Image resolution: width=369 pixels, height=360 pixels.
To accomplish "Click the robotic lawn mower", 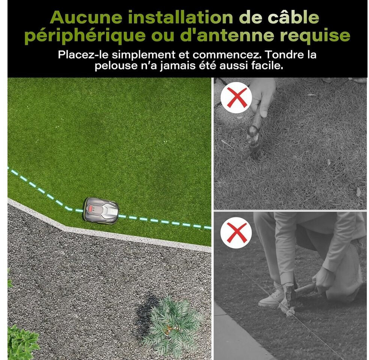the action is [101, 211].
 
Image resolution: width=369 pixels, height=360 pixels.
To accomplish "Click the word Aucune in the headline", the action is [86, 17].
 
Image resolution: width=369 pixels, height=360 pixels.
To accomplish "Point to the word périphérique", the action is [85, 36].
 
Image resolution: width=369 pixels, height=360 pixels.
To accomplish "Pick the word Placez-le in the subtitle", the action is [83, 55].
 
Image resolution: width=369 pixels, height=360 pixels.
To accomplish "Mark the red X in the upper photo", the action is [236, 97].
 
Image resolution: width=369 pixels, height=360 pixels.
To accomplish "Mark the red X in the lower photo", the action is [236, 232].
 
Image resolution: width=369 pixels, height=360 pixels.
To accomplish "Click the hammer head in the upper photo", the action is [253, 137].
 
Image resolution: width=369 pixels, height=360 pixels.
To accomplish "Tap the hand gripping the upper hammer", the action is [262, 96].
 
